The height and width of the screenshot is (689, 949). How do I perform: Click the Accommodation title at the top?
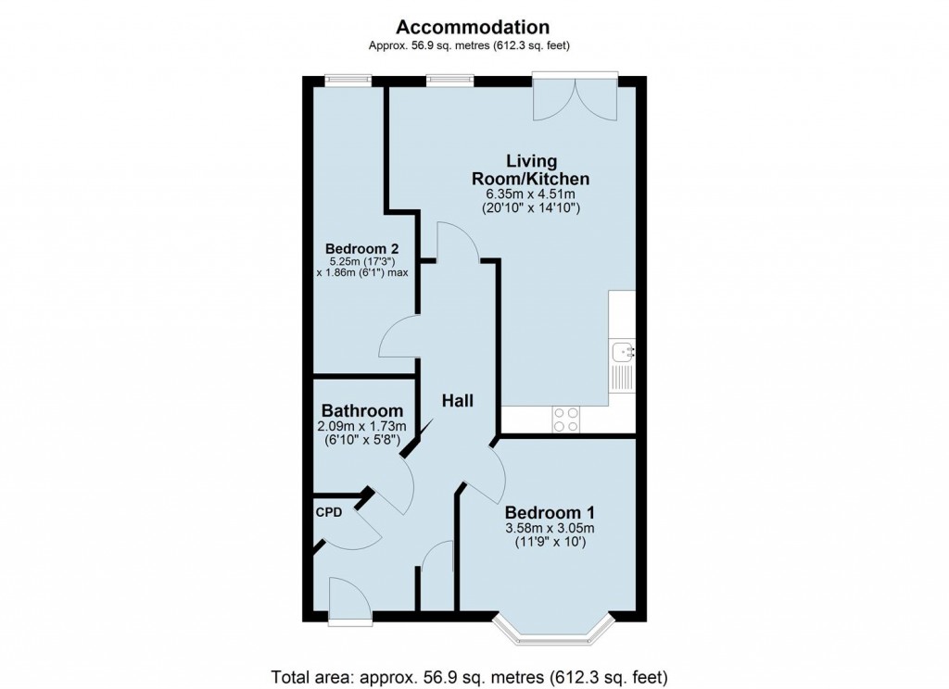tap(474, 27)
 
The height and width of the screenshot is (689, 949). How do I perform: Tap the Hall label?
tap(457, 401)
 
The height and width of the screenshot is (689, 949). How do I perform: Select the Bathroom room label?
tap(361, 411)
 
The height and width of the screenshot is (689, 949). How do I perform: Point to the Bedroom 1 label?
tap(550, 513)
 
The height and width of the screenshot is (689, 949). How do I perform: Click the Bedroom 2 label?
tap(361, 249)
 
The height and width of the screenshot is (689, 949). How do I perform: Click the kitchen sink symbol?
tap(622, 351)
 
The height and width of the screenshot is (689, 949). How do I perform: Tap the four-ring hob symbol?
tap(566, 420)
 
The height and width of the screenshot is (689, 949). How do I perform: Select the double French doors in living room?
tap(576, 97)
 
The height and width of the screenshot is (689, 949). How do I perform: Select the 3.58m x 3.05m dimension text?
tap(550, 529)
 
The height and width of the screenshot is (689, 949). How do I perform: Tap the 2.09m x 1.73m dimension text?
tap(361, 427)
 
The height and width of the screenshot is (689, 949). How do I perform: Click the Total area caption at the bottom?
tap(469, 674)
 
